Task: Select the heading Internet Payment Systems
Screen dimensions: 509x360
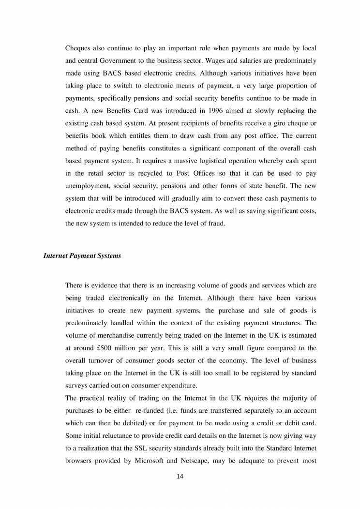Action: pos(82,256)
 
